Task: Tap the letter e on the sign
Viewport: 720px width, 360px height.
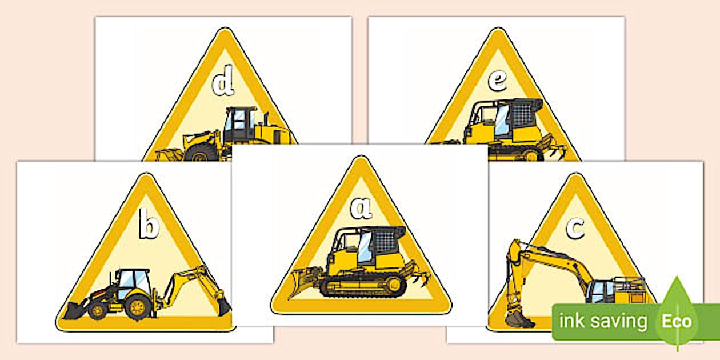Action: point(497,82)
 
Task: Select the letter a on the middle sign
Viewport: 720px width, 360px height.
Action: point(361,209)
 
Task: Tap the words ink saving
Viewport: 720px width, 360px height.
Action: point(603,321)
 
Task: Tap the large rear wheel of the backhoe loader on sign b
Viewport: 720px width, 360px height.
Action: point(137,308)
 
